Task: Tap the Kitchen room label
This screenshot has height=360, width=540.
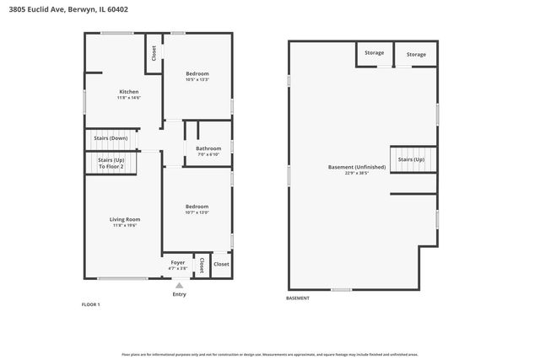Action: pos(128,92)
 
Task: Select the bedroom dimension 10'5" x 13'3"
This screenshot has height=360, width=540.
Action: pos(197,80)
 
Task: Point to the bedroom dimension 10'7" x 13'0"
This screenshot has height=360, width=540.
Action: pos(197,212)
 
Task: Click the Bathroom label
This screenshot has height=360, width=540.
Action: pos(208,148)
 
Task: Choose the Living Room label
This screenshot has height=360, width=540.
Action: pos(125,219)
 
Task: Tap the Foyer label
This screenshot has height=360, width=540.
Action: pos(178,262)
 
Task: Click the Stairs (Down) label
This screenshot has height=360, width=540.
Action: pos(111,137)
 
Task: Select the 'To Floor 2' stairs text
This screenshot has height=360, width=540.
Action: pos(111,167)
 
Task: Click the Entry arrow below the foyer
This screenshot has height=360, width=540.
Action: pos(178,285)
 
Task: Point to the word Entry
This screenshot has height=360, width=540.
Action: pos(179,294)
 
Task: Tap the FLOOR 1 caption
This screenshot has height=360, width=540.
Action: pos(90,304)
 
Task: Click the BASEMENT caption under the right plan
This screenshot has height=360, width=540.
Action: pos(298,298)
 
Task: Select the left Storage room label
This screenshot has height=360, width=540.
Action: pos(374,53)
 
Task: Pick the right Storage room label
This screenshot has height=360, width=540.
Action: pos(416,54)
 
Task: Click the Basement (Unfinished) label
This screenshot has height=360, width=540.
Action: pos(357,167)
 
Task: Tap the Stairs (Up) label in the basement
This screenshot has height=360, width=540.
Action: pos(411,159)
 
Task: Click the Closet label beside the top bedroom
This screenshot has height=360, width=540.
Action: pos(154,52)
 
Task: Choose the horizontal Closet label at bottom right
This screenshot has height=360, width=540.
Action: pos(221,264)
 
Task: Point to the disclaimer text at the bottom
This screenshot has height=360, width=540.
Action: pos(270,355)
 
